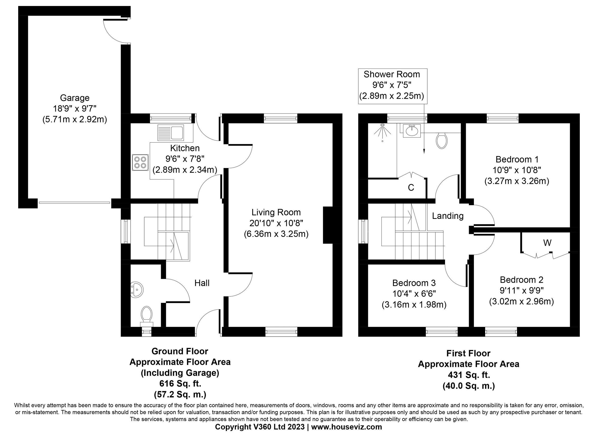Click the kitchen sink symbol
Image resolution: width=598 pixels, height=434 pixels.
click(171, 133)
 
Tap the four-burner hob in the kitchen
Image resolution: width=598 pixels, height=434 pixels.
click(140, 163)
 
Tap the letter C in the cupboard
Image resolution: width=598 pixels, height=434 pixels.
click(411, 187)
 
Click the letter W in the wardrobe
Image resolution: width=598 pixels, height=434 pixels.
click(547, 243)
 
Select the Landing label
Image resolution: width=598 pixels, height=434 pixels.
click(448, 216)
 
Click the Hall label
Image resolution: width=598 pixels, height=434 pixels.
click(202, 283)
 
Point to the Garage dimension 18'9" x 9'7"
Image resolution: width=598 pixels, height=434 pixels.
click(75, 109)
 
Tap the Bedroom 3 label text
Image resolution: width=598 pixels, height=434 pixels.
click(414, 283)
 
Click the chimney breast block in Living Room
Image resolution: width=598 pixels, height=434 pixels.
click(328, 225)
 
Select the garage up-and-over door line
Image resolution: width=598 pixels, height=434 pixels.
click(74, 203)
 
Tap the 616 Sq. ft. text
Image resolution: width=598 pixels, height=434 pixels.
click(180, 383)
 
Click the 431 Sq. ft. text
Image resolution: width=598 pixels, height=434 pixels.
click(468, 375)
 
